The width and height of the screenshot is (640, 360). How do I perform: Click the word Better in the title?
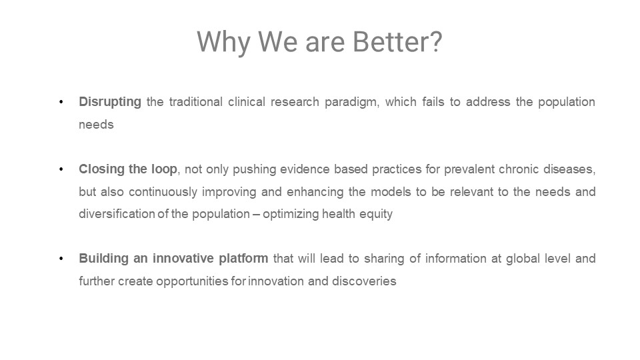pyautogui.click(x=397, y=41)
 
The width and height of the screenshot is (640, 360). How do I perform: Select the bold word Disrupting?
pyautogui.click(x=110, y=102)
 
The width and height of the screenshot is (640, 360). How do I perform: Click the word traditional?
pyautogui.click(x=195, y=101)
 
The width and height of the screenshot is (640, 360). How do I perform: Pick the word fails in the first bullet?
pyautogui.click(x=433, y=101)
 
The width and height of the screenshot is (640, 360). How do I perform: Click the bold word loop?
pyautogui.click(x=164, y=169)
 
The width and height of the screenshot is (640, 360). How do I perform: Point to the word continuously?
pyautogui.click(x=163, y=192)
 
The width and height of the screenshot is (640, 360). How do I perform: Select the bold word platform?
pyautogui.click(x=243, y=259)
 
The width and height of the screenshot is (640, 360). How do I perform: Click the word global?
pyautogui.click(x=523, y=259)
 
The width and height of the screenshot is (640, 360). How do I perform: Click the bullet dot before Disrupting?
pyautogui.click(x=61, y=102)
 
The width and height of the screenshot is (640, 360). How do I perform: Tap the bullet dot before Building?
pyautogui.click(x=61, y=259)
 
